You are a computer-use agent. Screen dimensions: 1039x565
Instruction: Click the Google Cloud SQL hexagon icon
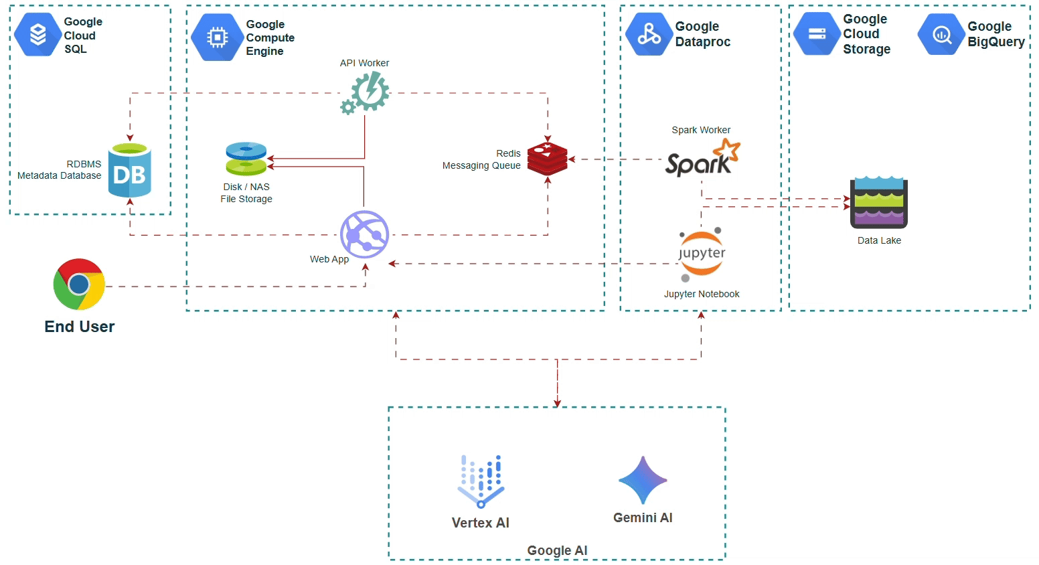pyautogui.click(x=37, y=34)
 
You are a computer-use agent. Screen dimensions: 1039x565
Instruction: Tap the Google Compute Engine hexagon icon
pyautogui.click(x=217, y=37)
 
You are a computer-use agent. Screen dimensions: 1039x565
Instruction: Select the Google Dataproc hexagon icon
pyautogui.click(x=649, y=34)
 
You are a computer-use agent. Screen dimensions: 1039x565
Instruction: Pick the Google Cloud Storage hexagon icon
pyautogui.click(x=817, y=34)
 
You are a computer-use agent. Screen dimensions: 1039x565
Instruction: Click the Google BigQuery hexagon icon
pyautogui.click(x=941, y=34)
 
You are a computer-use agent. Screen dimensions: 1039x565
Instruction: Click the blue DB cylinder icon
pyautogui.click(x=130, y=170)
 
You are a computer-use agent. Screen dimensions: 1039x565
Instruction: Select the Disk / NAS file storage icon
pyautogui.click(x=246, y=159)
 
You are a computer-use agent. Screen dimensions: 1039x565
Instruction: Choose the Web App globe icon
pyautogui.click(x=365, y=234)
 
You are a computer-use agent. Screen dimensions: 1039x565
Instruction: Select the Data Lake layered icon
pyautogui.click(x=878, y=203)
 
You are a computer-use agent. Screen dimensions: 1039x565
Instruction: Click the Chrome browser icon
pyautogui.click(x=79, y=285)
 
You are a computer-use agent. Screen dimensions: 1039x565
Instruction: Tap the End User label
pyautogui.click(x=79, y=327)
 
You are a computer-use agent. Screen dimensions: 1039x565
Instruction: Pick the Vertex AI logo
pyautogui.click(x=481, y=481)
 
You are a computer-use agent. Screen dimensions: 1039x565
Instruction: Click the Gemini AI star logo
pyautogui.click(x=643, y=480)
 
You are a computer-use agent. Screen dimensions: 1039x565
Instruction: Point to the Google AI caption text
pyautogui.click(x=557, y=550)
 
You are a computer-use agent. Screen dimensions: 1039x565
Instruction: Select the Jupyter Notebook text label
pyautogui.click(x=702, y=294)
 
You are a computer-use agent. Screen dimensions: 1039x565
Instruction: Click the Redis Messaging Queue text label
pyautogui.click(x=481, y=159)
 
